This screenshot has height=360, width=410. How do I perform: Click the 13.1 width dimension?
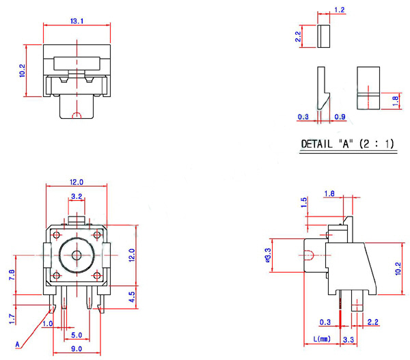(x=77, y=22)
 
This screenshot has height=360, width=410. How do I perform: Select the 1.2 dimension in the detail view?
(x=340, y=10)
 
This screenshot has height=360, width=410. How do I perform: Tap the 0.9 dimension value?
(x=340, y=117)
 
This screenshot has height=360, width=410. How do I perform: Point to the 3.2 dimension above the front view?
(x=77, y=197)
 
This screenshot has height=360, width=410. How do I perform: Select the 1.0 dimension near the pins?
(x=49, y=323)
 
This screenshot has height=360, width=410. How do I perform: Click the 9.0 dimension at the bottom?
(x=75, y=349)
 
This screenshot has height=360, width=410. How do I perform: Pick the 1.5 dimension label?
(x=303, y=204)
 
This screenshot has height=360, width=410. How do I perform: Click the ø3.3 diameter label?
(x=267, y=255)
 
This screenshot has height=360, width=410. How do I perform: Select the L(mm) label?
(x=322, y=339)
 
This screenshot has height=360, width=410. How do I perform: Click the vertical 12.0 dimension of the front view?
(x=133, y=255)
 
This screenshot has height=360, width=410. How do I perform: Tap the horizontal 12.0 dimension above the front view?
(x=77, y=182)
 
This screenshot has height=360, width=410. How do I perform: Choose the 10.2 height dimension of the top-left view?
(x=23, y=70)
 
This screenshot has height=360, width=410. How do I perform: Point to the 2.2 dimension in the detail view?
(x=298, y=36)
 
